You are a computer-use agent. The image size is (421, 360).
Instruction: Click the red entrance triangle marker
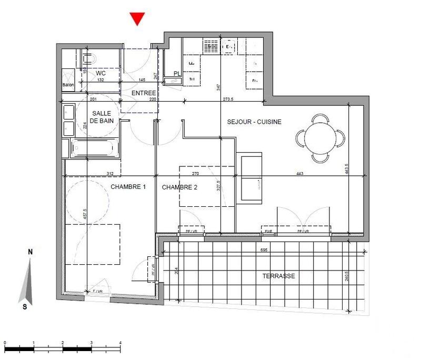(x=137, y=19)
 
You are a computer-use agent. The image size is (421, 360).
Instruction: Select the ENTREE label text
(x=144, y=93)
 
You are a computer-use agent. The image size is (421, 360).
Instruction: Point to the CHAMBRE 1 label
(x=128, y=187)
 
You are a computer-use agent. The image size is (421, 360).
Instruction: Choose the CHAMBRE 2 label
(x=179, y=187)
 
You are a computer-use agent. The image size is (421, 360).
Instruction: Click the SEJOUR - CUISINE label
(x=254, y=122)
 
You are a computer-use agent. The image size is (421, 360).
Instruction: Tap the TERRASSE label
(x=278, y=276)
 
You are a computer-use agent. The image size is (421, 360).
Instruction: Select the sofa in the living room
(x=250, y=177)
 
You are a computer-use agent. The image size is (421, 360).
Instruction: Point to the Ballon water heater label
(x=68, y=85)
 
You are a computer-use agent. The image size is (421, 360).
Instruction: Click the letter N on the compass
(x=30, y=252)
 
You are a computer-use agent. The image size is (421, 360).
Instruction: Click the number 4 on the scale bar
(x=121, y=343)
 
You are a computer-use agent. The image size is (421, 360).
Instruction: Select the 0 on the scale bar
(x=5, y=343)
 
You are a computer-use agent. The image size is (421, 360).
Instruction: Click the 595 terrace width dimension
(x=265, y=251)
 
